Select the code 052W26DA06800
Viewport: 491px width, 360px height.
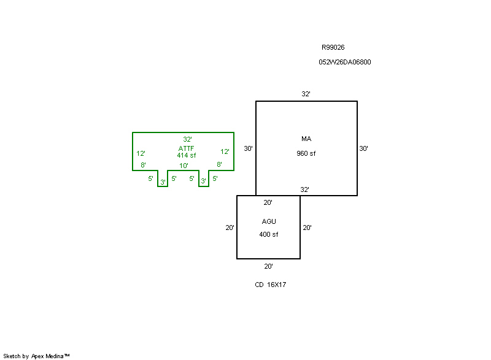point(344,62)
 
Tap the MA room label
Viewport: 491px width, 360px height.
point(306,139)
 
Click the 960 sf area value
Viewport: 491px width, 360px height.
point(306,153)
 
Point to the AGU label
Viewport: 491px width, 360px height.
point(269,221)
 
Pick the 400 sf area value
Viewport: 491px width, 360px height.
point(268,235)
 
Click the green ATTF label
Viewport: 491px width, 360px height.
point(187,148)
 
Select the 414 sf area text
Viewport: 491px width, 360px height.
point(187,156)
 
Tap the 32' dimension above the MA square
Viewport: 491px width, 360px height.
point(306,94)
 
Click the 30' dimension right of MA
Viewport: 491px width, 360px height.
point(364,148)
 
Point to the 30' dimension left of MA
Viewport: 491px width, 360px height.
point(248,148)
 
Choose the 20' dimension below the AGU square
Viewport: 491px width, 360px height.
point(268,266)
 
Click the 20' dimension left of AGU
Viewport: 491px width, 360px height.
point(230,228)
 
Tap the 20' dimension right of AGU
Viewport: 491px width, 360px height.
point(307,228)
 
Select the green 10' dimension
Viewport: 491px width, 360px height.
point(184,166)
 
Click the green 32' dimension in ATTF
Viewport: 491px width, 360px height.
point(187,140)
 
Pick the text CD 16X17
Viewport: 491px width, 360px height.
point(271,285)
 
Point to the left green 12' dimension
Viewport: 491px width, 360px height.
point(141,153)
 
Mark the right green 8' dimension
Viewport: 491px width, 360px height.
point(219,165)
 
